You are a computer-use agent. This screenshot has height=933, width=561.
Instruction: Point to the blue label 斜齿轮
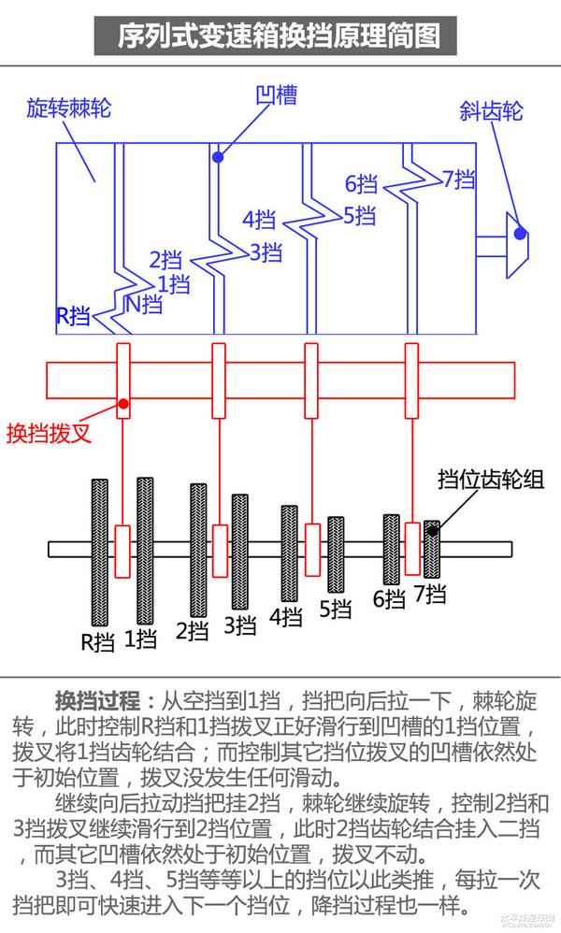click(491, 111)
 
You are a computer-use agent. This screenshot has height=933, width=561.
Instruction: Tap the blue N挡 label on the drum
click(144, 303)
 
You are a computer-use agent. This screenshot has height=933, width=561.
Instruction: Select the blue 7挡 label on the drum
click(459, 179)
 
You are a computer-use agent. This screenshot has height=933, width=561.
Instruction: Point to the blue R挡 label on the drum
click(73, 316)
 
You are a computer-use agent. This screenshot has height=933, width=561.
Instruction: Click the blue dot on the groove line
click(217, 157)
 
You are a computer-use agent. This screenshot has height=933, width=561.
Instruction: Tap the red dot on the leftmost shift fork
click(122, 404)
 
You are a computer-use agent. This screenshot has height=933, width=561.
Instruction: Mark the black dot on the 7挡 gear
click(432, 531)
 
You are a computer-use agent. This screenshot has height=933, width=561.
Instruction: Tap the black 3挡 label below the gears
click(240, 624)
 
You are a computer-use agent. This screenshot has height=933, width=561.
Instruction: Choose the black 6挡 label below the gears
click(389, 599)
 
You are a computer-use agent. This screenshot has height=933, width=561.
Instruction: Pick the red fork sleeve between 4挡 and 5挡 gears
click(312, 550)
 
